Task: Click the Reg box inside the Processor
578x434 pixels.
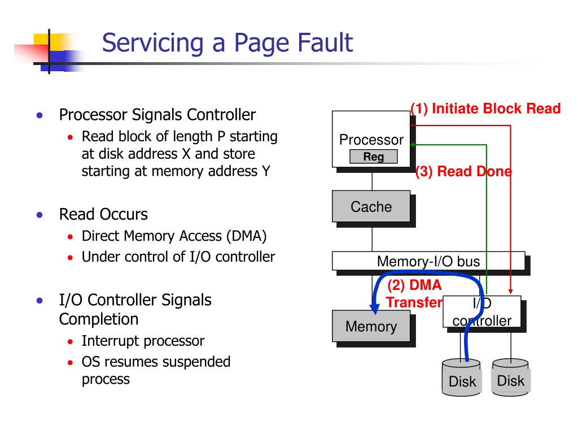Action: click(x=374, y=157)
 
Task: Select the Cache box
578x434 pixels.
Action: click(x=371, y=206)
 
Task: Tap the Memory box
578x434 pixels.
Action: click(x=371, y=326)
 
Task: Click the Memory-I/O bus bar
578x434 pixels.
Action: click(x=428, y=261)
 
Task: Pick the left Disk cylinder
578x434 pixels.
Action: click(x=462, y=378)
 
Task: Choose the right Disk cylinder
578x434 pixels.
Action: click(x=510, y=377)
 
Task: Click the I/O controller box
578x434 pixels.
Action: click(x=482, y=311)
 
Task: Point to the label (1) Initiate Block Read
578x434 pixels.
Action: click(x=485, y=108)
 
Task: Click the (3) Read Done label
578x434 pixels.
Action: click(x=463, y=172)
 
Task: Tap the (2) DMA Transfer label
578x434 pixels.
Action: click(x=414, y=294)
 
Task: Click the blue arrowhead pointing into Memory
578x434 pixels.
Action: click(x=375, y=309)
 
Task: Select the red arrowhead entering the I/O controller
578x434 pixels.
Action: click(x=510, y=292)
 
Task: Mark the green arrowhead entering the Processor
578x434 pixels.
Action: click(x=413, y=145)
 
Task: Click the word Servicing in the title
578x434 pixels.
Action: click(x=152, y=44)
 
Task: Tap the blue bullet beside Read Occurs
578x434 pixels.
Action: click(x=40, y=215)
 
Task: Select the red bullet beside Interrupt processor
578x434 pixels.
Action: click(x=70, y=342)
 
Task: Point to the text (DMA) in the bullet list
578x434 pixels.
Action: click(x=246, y=236)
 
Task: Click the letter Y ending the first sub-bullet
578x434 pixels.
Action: click(x=266, y=171)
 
